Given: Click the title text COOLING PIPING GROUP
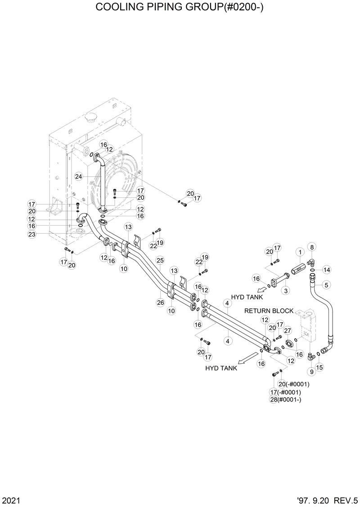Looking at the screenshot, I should pos(180,8).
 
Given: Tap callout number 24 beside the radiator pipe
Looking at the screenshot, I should pos(79,177).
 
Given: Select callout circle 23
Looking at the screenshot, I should pos(32,234).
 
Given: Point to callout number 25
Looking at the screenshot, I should pos(160,260).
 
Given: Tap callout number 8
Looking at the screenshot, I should pos(312,246).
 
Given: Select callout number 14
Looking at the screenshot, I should pos(326,270).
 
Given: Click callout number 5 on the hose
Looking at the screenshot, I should pos(326,284).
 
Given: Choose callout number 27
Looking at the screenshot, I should pos(288,331).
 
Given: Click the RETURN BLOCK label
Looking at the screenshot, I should pos(269,311).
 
